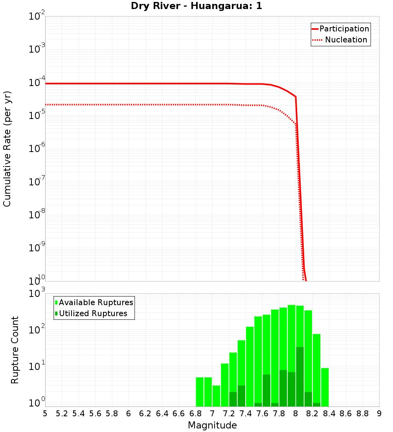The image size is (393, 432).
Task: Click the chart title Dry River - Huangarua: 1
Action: click(x=196, y=6)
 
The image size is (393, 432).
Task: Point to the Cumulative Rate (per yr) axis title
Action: click(x=7, y=148)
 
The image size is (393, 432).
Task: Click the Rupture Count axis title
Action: click(x=15, y=350)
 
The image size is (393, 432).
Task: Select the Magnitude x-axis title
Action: click(x=212, y=425)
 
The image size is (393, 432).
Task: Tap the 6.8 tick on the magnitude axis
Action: click(x=195, y=414)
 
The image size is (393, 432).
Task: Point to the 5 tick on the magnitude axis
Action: click(x=45, y=414)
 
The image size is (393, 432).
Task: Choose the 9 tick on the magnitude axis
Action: click(x=379, y=414)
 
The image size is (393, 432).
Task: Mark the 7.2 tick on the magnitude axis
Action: click(x=229, y=414)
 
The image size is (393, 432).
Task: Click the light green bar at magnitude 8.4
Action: click(x=325, y=387)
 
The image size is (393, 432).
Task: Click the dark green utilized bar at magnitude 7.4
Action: click(x=241, y=396)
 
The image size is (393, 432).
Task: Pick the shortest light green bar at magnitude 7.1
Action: click(x=217, y=396)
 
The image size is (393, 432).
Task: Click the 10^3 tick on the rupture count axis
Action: click(x=37, y=294)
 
